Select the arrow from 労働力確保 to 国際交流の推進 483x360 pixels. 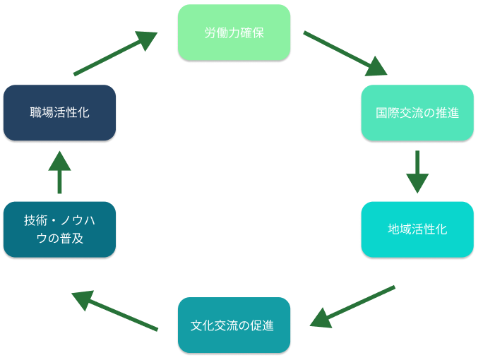pyautogui.click(x=345, y=52)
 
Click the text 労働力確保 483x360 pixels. pyautogui.click(x=234, y=32)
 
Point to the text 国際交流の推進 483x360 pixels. pyautogui.click(x=417, y=113)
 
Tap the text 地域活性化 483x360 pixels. pyautogui.click(x=417, y=229)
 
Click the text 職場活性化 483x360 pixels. pyautogui.click(x=59, y=113)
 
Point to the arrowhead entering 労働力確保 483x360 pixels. pyautogui.click(x=147, y=40)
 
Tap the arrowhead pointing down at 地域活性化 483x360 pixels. pyautogui.click(x=417, y=184)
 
